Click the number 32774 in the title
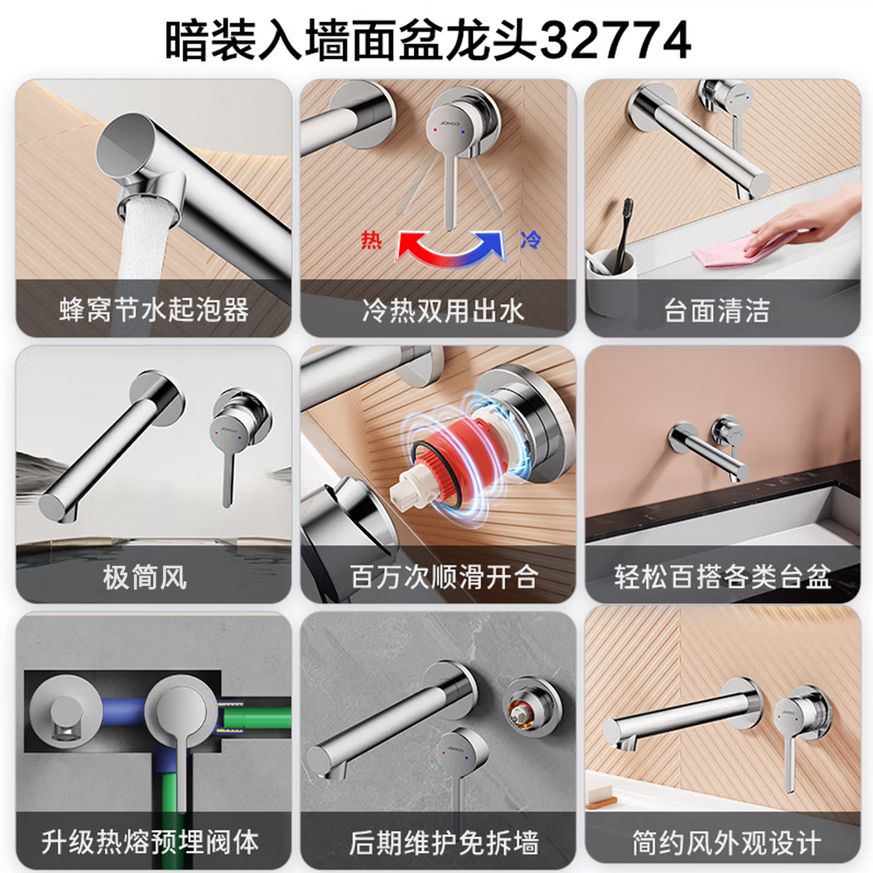click(614, 40)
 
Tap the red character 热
click(371, 240)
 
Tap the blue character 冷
click(530, 240)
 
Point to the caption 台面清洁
click(717, 311)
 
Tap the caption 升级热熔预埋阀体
click(150, 842)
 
